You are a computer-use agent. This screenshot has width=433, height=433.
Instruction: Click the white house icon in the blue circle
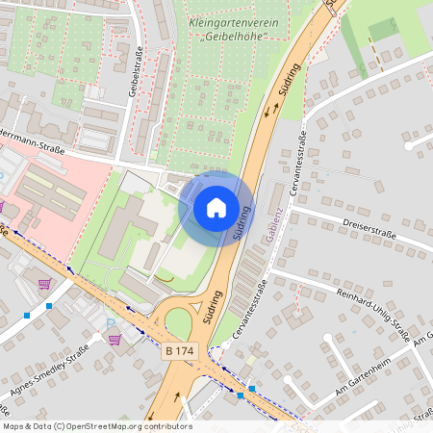pyautogui.click(x=216, y=207)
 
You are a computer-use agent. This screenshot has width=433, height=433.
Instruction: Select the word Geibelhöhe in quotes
pyautogui.click(x=234, y=36)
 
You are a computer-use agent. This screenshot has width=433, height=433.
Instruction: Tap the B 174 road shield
pyautogui.click(x=181, y=352)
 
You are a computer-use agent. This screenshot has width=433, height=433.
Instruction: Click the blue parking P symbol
pyautogui.click(x=112, y=323)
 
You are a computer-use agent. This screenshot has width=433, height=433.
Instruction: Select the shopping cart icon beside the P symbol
pyautogui.click(x=115, y=339)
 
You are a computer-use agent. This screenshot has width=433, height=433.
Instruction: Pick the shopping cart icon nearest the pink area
pyautogui.click(x=44, y=284)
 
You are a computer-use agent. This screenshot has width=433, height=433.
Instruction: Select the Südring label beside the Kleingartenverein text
pyautogui.click(x=288, y=84)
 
